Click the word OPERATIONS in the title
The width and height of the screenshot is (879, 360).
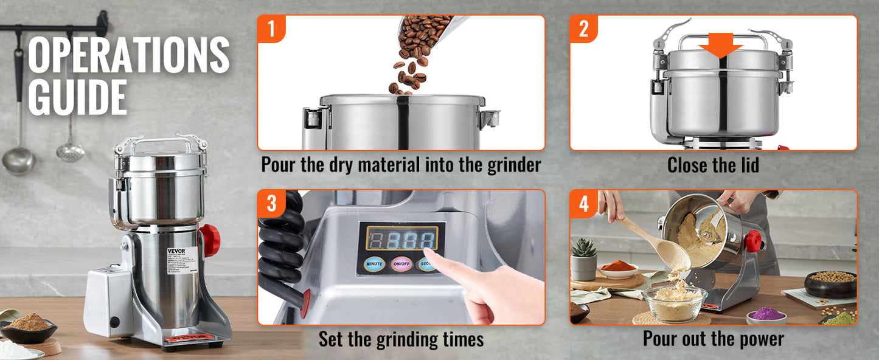128,55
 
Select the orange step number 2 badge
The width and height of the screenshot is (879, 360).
583,28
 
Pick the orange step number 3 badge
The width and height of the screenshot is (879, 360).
271,203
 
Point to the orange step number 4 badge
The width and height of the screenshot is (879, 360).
583,203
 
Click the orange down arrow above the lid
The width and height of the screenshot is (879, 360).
720,47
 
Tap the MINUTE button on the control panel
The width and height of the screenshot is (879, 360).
373,265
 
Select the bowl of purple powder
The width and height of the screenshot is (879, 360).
766,314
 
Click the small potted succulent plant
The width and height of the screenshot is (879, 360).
584,259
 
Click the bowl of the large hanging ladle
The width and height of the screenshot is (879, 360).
18,161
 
